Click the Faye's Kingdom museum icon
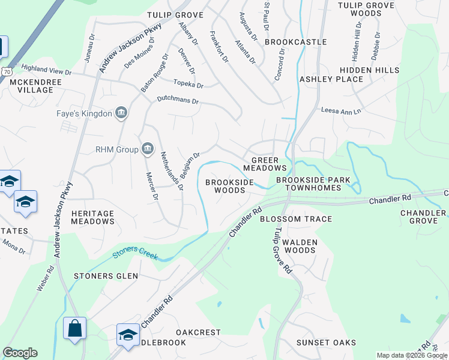click(x=121, y=113)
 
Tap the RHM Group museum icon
click(x=147, y=149)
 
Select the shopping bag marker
click(x=74, y=328)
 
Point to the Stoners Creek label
click(x=135, y=253)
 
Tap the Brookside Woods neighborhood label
click(x=225, y=186)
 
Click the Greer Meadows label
click(x=268, y=164)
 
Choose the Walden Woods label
click(x=299, y=246)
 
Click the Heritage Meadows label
click(x=92, y=217)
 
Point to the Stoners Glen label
click(x=106, y=276)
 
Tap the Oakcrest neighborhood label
click(x=198, y=332)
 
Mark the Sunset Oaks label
click(x=326, y=343)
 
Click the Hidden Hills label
click(x=375, y=70)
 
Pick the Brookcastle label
click(x=295, y=42)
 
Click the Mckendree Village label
click(x=27, y=86)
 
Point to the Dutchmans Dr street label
click(x=178, y=100)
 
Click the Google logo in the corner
click(x=20, y=353)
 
